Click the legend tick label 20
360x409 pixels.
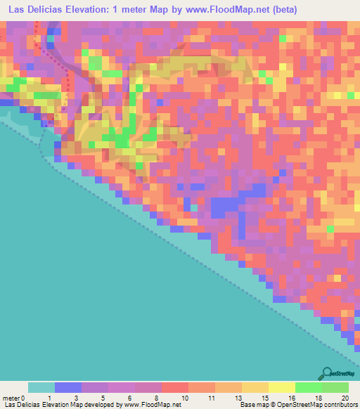click(344, 397)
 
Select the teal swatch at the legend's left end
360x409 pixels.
click(41, 387)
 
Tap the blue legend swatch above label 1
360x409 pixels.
click(68, 387)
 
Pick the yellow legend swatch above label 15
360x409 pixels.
click(255, 387)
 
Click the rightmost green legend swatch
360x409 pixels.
click(335, 387)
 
